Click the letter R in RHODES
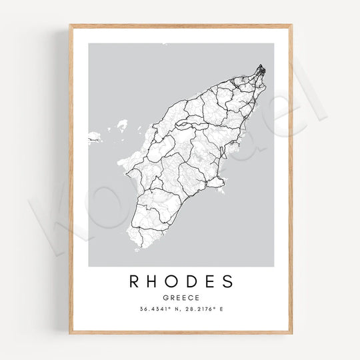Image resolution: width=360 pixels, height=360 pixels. pyautogui.click(x=133, y=281)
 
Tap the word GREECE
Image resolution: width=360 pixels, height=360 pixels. pyautogui.click(x=180, y=298)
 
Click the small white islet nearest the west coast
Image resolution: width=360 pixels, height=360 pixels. pyautogui.click(x=121, y=125)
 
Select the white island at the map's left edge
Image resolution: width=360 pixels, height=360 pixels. pyautogui.click(x=93, y=137)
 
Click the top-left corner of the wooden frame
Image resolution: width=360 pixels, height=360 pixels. pyautogui.click(x=69, y=25)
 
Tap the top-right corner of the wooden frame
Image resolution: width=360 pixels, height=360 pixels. pyautogui.click(x=291, y=25)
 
